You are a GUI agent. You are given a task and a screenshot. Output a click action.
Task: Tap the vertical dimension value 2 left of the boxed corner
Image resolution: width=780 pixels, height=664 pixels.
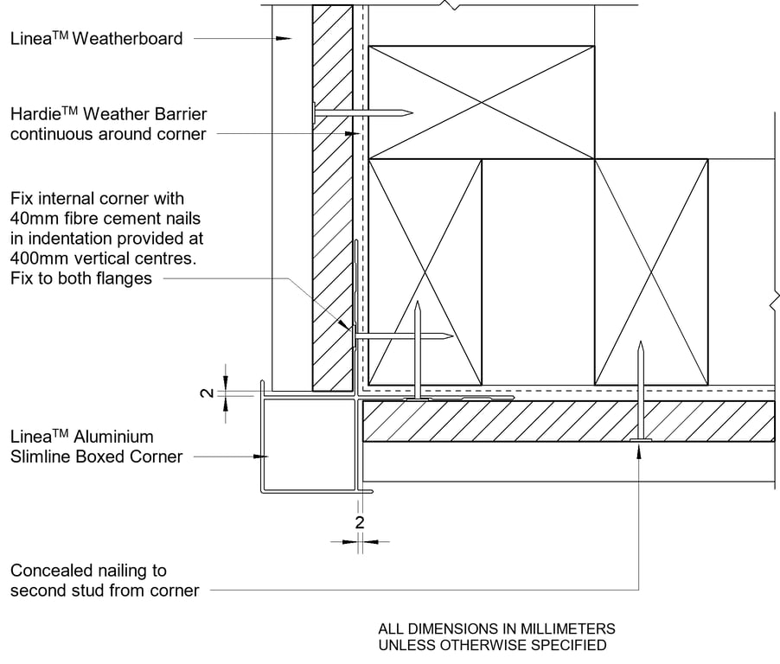pos(206,393)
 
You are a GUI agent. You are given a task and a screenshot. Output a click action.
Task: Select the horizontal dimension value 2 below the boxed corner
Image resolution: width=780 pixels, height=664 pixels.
pos(360,522)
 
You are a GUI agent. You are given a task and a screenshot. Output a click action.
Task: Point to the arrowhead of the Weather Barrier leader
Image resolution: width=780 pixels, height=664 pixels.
pos(354,134)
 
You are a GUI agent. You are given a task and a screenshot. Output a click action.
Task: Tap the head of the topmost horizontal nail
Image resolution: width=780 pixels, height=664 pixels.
pos(313,112)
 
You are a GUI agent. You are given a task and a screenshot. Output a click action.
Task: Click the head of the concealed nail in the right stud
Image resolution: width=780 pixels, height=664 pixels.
pos(640,441)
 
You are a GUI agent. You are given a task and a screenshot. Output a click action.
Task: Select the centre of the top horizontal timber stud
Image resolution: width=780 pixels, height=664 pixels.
pos(482,102)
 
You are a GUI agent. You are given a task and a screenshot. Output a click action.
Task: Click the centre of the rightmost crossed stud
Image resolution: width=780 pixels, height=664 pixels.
pos(651,271)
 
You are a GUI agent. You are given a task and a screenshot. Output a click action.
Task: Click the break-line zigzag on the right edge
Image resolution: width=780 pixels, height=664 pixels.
pos(775,303)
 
